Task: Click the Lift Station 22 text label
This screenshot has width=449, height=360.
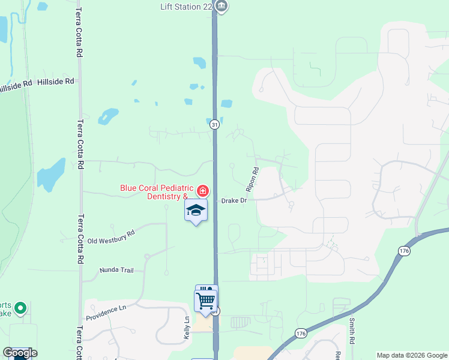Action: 186,6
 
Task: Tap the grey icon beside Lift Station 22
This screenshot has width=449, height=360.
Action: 221,6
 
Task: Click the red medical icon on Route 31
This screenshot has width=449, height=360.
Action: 203,191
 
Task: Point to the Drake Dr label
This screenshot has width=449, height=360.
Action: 234,200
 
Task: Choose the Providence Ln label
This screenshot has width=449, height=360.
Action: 107,314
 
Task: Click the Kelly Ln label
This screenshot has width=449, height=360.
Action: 187,327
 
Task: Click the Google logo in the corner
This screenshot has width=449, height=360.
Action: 20,353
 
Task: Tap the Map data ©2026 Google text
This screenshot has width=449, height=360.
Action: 411,355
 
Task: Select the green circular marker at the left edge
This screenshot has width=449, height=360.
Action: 20,308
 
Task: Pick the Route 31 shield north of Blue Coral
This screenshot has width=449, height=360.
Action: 214,125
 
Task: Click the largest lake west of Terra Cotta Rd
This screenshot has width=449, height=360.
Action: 51,174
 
